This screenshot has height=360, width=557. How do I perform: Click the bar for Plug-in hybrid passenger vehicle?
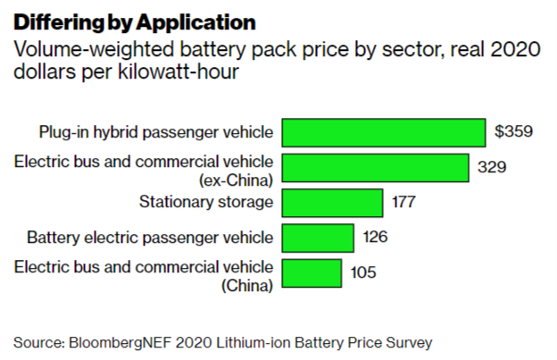384,132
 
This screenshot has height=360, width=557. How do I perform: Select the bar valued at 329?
376,167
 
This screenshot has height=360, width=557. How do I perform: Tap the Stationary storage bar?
333,202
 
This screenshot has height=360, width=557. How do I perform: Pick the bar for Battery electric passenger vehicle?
318,238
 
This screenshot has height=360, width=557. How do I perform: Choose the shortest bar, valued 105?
312,272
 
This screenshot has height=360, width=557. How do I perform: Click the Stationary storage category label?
206,202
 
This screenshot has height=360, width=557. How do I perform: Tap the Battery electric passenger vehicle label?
150,238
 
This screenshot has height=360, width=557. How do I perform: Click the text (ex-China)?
236,176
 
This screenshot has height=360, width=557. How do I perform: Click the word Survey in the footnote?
411,342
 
